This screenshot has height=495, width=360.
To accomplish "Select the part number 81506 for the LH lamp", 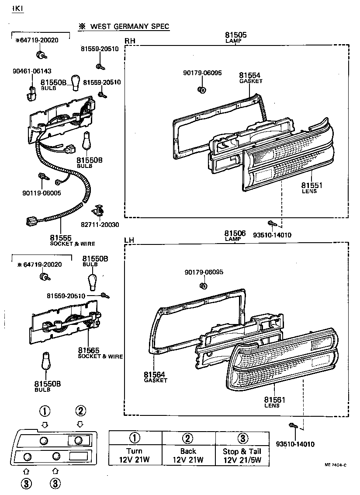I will coord(235,233).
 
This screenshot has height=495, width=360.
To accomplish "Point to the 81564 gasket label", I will coord(155,374).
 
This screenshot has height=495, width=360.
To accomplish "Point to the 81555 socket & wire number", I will coord(60,238).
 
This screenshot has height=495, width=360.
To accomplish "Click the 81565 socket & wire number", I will coord(89,350).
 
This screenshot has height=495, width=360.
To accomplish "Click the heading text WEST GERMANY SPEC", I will coord(129,27).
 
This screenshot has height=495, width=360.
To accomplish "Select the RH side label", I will coord(130,41).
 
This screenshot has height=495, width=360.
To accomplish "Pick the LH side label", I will coord(129,241).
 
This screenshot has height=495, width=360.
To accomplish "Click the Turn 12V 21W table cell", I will coord(135,455).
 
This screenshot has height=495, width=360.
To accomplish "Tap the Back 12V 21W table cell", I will coord(188,455).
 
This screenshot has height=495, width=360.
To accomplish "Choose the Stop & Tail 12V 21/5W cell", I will coord(242,455).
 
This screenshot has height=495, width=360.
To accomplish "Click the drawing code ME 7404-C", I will coord(335,465).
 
